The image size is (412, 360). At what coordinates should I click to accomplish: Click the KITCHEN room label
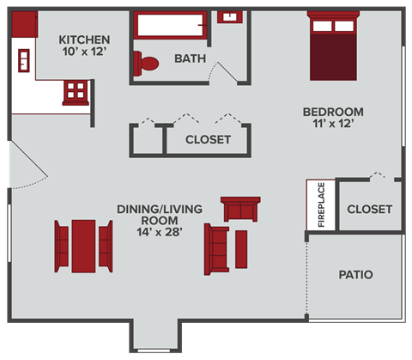tap(84, 40)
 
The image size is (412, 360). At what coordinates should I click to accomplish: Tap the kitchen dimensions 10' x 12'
tap(84, 53)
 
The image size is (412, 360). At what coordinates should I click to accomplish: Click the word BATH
tap(189, 59)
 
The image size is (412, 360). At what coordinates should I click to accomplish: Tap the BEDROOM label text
tap(333, 112)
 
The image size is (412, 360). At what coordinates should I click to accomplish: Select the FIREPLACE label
tap(321, 206)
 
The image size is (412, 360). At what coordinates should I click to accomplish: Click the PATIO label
tap(355, 276)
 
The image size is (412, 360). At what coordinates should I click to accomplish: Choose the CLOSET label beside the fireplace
tap(370, 209)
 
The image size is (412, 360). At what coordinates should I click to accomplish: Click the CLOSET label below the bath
tap(208, 139)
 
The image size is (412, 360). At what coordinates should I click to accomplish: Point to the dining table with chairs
tap(83, 242)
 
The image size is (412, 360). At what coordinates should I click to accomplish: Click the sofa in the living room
tap(214, 247)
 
